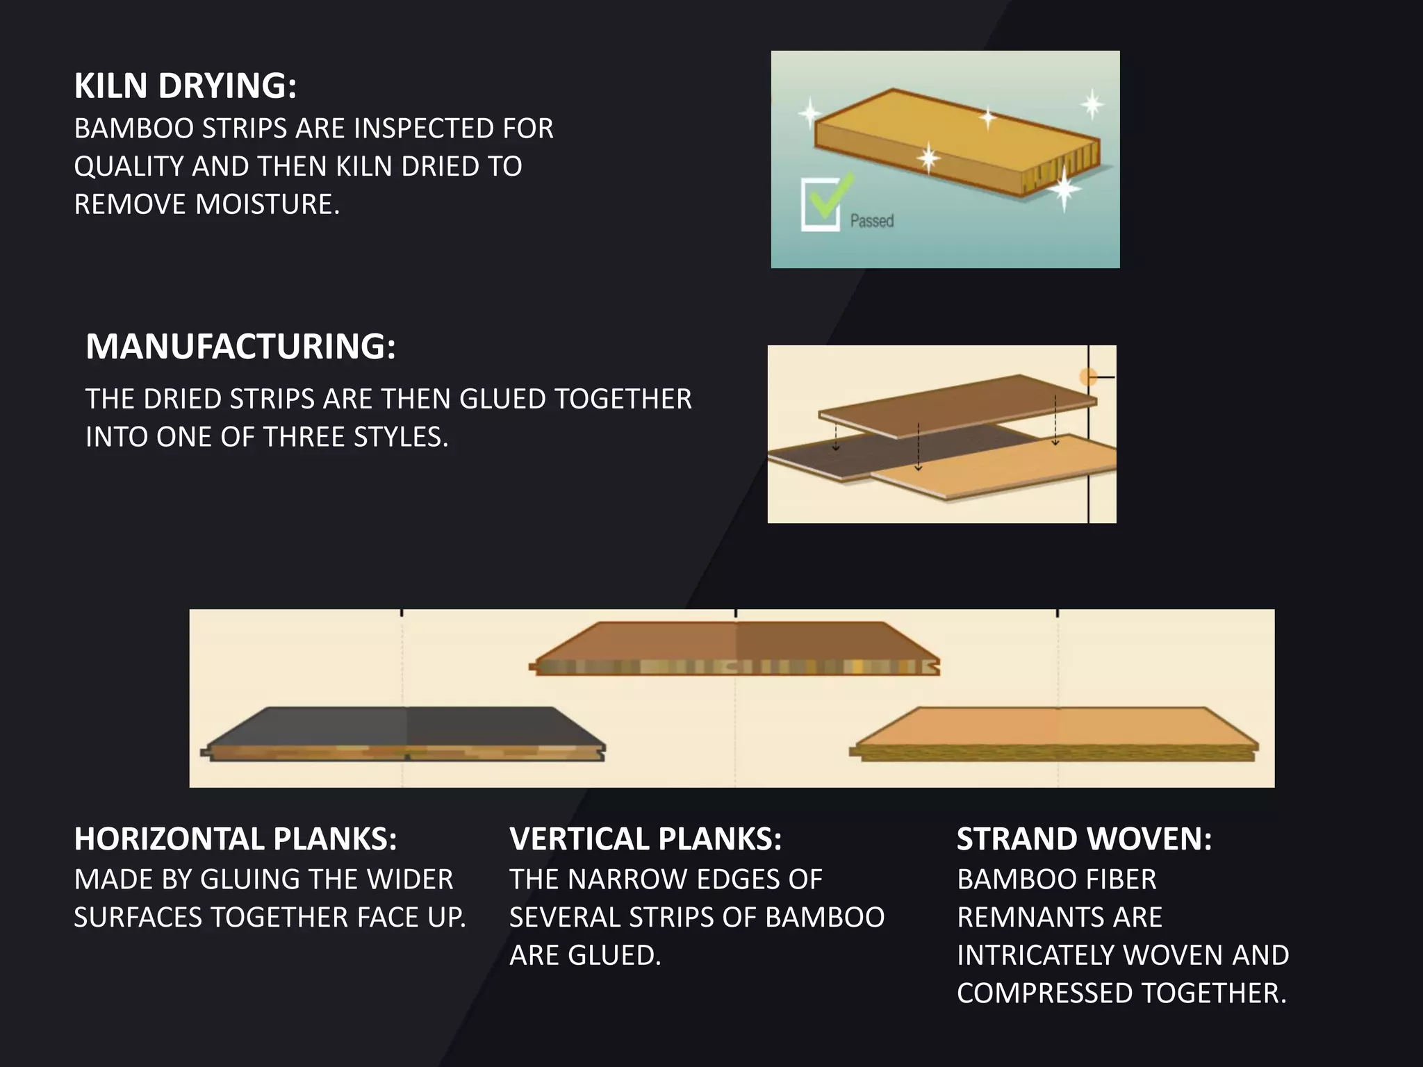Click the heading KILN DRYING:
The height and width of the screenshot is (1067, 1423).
(x=186, y=86)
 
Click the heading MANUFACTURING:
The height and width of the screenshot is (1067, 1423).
(x=240, y=347)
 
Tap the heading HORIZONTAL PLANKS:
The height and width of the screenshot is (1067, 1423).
(x=236, y=839)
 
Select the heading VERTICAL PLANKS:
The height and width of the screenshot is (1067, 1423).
(x=645, y=839)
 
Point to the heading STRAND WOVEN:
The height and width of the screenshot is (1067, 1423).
(x=1084, y=839)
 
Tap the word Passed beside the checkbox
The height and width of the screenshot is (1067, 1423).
(x=872, y=221)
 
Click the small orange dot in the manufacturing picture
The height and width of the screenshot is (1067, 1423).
(x=1088, y=377)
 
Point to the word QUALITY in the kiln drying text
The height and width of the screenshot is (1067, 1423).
(x=129, y=167)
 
